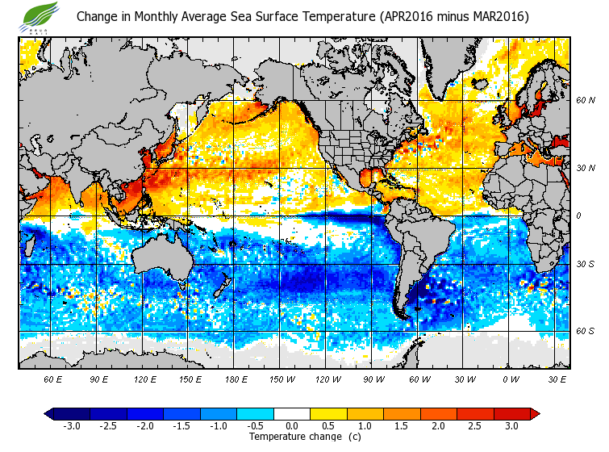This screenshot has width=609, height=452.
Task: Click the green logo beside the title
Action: tap(41, 15)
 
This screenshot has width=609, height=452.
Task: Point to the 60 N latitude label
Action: tap(585, 101)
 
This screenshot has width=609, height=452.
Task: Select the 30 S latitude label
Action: tap(585, 265)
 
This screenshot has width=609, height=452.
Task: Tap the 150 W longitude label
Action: tap(281, 379)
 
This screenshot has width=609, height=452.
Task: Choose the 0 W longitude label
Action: tap(511, 379)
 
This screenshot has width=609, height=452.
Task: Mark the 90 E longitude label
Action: tap(98, 379)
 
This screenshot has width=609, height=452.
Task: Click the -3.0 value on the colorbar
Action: tap(71, 426)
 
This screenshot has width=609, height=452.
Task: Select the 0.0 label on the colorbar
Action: tap(292, 426)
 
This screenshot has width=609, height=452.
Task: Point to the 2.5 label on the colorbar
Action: tap(475, 426)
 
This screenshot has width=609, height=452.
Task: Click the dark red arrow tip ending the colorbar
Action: tap(535, 414)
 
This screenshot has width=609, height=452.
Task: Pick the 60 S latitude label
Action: tap(585, 331)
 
